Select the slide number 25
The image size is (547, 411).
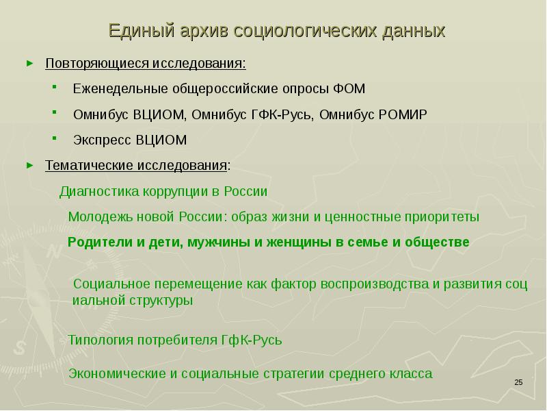518,382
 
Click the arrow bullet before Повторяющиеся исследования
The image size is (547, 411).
29,63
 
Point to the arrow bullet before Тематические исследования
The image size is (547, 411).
29,165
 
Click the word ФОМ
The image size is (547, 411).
350,89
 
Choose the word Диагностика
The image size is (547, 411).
99,191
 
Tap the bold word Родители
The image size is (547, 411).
96,242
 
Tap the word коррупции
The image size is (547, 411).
177,191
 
